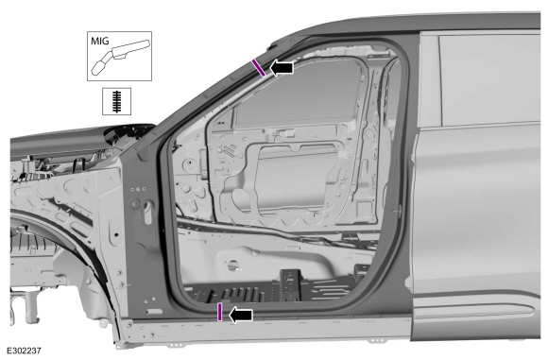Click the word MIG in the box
(x=99, y=41)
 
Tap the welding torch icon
(x=121, y=57)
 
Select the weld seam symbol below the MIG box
(x=117, y=101)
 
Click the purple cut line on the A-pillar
(x=259, y=67)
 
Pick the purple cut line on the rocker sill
(x=219, y=312)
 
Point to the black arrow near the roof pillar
(x=282, y=67)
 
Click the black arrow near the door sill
(x=241, y=316)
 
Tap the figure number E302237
(x=24, y=351)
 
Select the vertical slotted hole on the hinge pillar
(x=147, y=213)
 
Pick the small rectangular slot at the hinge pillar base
(x=152, y=311)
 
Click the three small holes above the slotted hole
(x=138, y=189)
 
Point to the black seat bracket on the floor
(x=291, y=283)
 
